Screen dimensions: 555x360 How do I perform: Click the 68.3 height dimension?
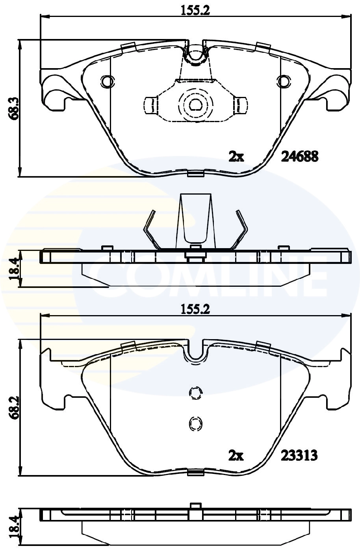(15, 108)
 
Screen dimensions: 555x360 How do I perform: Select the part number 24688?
(299, 157)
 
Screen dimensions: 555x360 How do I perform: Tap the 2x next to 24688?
(236, 157)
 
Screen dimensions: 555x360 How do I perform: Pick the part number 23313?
(299, 456)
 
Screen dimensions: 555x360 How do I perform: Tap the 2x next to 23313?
(236, 456)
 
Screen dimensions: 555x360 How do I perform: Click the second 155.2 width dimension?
(195, 310)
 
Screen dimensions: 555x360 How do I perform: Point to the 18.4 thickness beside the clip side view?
(15, 269)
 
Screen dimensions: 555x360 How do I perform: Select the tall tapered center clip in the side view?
(195, 221)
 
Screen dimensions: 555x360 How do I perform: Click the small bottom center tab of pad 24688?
(195, 174)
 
